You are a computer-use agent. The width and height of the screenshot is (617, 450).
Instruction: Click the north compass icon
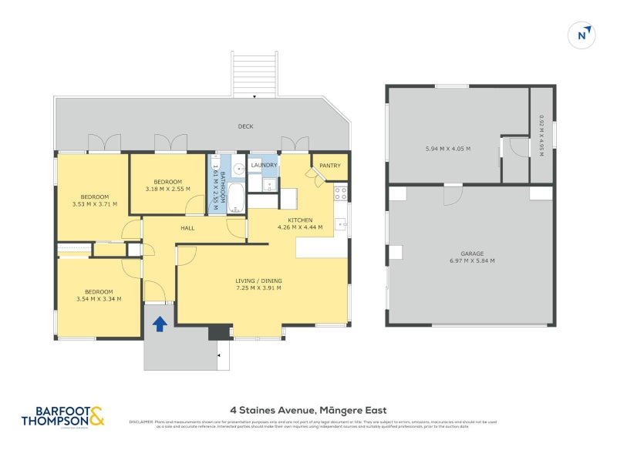584,35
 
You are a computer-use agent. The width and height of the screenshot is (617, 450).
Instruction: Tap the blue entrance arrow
160,324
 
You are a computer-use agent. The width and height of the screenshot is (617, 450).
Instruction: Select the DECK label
245,126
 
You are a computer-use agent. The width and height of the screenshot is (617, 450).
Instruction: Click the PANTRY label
330,165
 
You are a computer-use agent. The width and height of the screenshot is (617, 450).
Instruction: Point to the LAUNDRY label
264,165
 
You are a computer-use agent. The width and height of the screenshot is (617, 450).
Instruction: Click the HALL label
187,228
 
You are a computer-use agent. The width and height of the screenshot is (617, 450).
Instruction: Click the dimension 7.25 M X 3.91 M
258,288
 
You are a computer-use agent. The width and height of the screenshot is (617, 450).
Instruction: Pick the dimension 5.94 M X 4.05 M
447,149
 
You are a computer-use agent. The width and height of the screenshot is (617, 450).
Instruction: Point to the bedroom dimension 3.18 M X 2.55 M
167,189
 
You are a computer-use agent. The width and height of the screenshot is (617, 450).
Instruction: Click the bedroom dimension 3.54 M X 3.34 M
98,299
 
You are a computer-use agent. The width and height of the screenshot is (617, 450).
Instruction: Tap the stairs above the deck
254,74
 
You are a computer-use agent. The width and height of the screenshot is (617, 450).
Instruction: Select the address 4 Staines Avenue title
308,410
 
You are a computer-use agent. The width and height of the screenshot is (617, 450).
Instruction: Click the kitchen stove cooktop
340,193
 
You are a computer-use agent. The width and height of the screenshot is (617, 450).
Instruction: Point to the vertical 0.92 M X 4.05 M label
541,136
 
